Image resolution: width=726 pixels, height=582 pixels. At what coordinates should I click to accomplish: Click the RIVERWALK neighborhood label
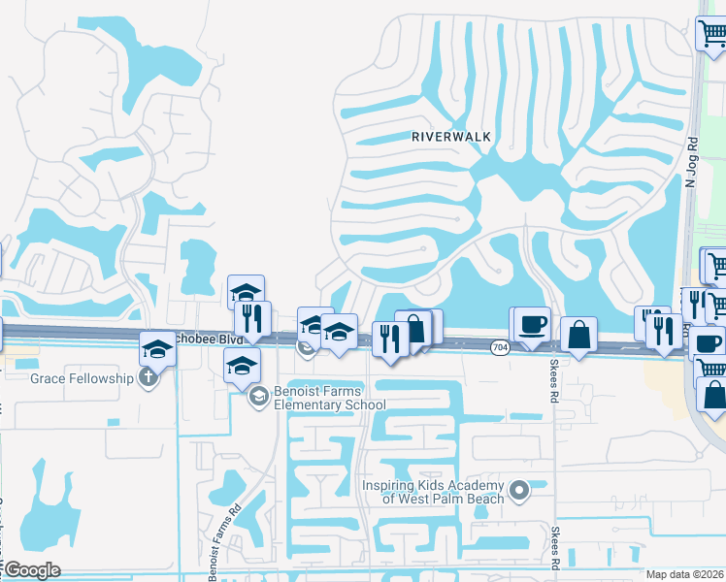pos(451,137)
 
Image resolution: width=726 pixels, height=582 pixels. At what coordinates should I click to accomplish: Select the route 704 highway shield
pos(500,346)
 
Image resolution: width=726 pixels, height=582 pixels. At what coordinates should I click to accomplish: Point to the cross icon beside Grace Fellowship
pos(148,377)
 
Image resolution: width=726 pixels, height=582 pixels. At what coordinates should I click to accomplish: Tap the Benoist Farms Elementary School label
pos(315,398)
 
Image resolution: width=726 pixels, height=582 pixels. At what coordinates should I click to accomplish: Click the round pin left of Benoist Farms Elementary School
pos(259,396)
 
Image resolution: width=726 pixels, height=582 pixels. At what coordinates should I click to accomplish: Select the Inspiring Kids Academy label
pos(433,492)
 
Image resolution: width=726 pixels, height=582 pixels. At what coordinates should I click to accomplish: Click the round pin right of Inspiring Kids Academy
pos(519,491)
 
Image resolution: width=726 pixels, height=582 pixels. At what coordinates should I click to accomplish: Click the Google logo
pos(32,570)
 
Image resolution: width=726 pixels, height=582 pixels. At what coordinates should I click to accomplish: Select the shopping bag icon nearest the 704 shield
pos(578,335)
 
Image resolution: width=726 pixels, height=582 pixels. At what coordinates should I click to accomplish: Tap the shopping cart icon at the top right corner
pos(711,33)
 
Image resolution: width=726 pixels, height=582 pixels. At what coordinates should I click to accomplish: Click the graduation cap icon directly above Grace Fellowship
pos(157,348)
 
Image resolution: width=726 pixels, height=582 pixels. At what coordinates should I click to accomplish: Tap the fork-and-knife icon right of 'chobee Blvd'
pos(251,317)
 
